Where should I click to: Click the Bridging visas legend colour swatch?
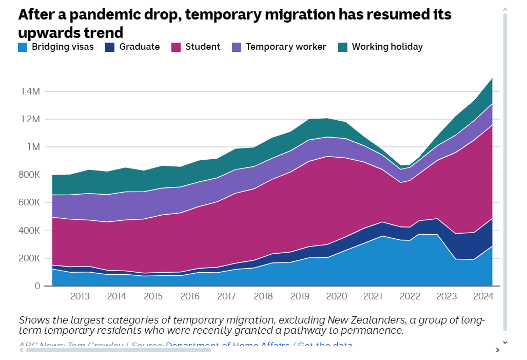[x=23, y=47]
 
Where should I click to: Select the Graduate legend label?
[x=140, y=47]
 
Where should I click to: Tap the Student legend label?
[x=203, y=47]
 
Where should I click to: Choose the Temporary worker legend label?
[x=286, y=47]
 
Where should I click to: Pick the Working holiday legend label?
[x=387, y=47]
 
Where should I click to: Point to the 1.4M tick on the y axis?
[x=30, y=91]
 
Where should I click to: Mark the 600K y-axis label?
[x=30, y=202]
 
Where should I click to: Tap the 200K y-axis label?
[x=30, y=258]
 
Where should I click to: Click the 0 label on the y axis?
[x=37, y=286]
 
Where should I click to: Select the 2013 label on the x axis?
[x=80, y=296]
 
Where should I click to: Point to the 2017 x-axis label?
[x=226, y=296]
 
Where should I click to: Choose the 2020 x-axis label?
[x=337, y=296]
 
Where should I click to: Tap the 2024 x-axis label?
[x=483, y=296]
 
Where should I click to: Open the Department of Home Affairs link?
[x=227, y=345]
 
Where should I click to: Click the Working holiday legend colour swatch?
[x=343, y=47]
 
